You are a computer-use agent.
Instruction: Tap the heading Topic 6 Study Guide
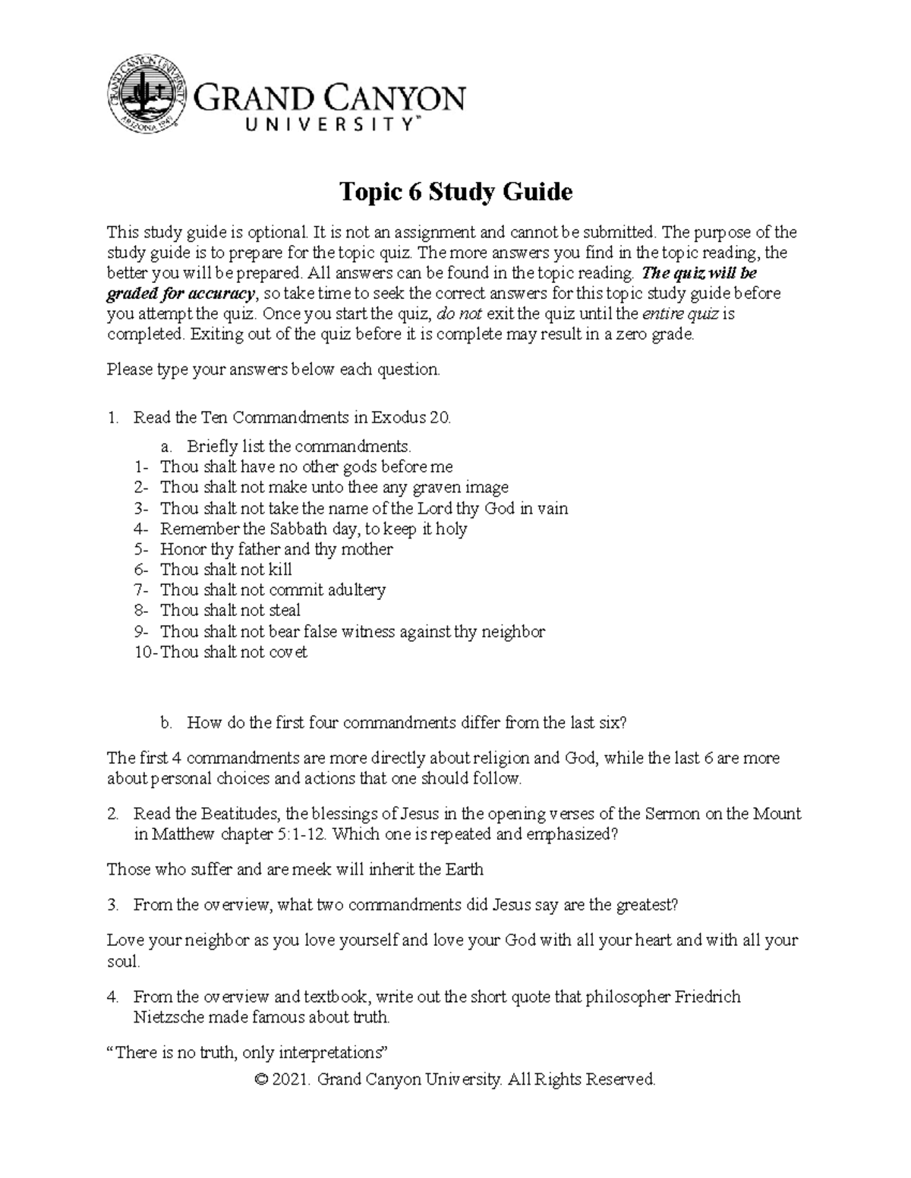pyautogui.click(x=455, y=192)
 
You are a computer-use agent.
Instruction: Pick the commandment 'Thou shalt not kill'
pyautogui.click(x=225, y=570)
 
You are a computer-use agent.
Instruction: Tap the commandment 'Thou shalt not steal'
pyautogui.click(x=230, y=611)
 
